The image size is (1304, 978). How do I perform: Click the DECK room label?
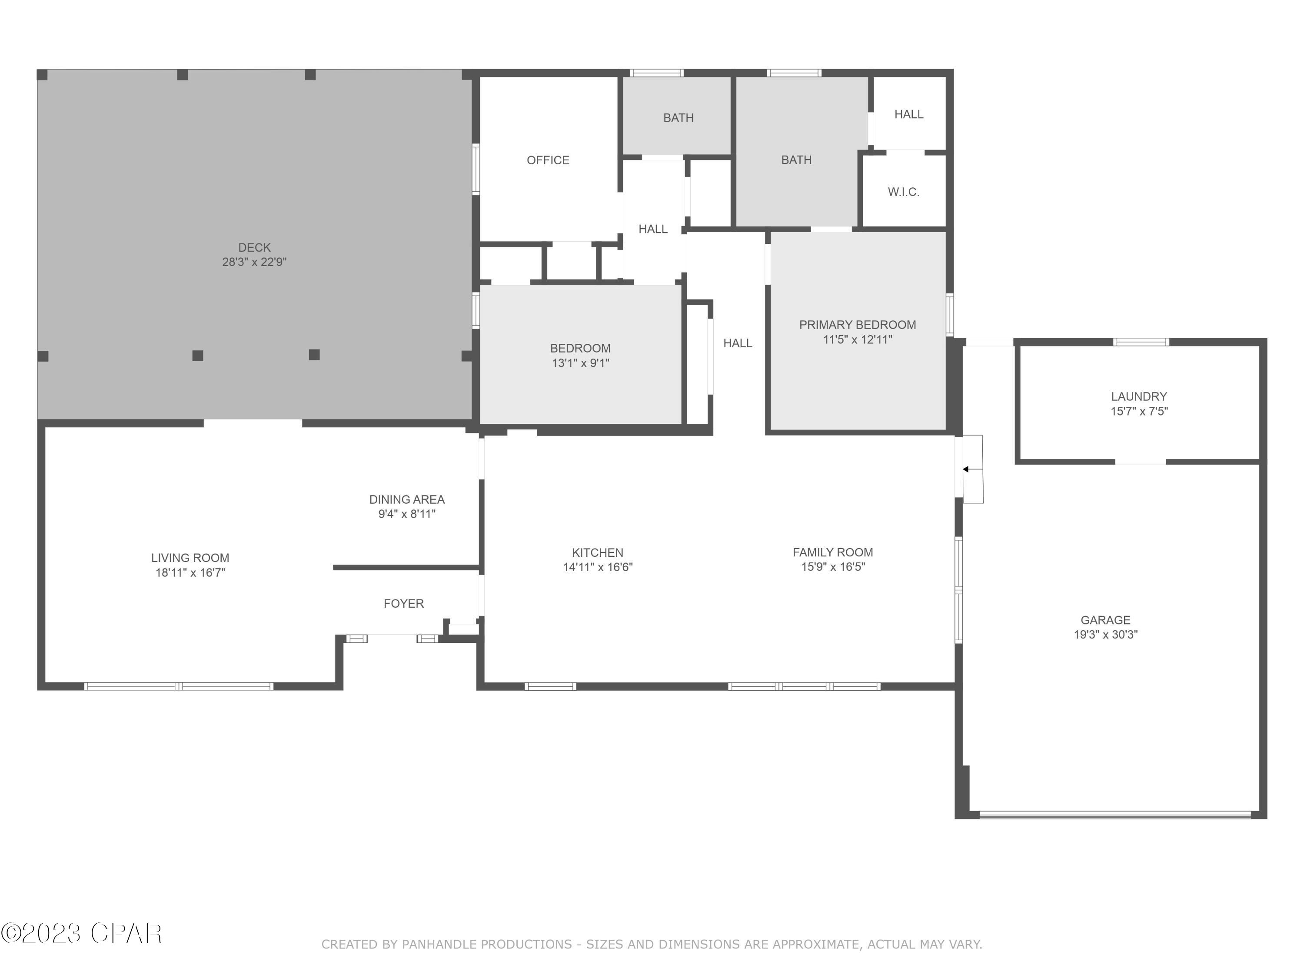[254, 248]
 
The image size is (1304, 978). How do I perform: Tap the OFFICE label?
[548, 160]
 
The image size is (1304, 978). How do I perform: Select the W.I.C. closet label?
[903, 192]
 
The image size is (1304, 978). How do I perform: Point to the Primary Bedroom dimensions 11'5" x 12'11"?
[857, 339]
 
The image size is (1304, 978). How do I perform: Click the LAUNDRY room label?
[1138, 397]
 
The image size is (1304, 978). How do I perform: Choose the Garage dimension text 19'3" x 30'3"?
[1105, 635]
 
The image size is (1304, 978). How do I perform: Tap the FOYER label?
[403, 604]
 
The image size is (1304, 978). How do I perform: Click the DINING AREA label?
[407, 499]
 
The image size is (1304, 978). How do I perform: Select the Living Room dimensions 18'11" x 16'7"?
[190, 572]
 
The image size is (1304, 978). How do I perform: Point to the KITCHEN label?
[597, 552]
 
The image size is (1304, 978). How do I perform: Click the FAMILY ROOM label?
[832, 552]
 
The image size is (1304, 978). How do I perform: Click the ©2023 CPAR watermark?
[81, 933]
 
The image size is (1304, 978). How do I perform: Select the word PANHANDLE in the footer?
[442, 945]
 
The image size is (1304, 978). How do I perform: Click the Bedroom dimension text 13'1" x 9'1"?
[580, 363]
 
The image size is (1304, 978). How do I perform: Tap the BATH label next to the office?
[678, 118]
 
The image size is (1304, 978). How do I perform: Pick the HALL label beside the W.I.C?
[908, 114]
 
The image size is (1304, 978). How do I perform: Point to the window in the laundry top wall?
[1141, 342]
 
